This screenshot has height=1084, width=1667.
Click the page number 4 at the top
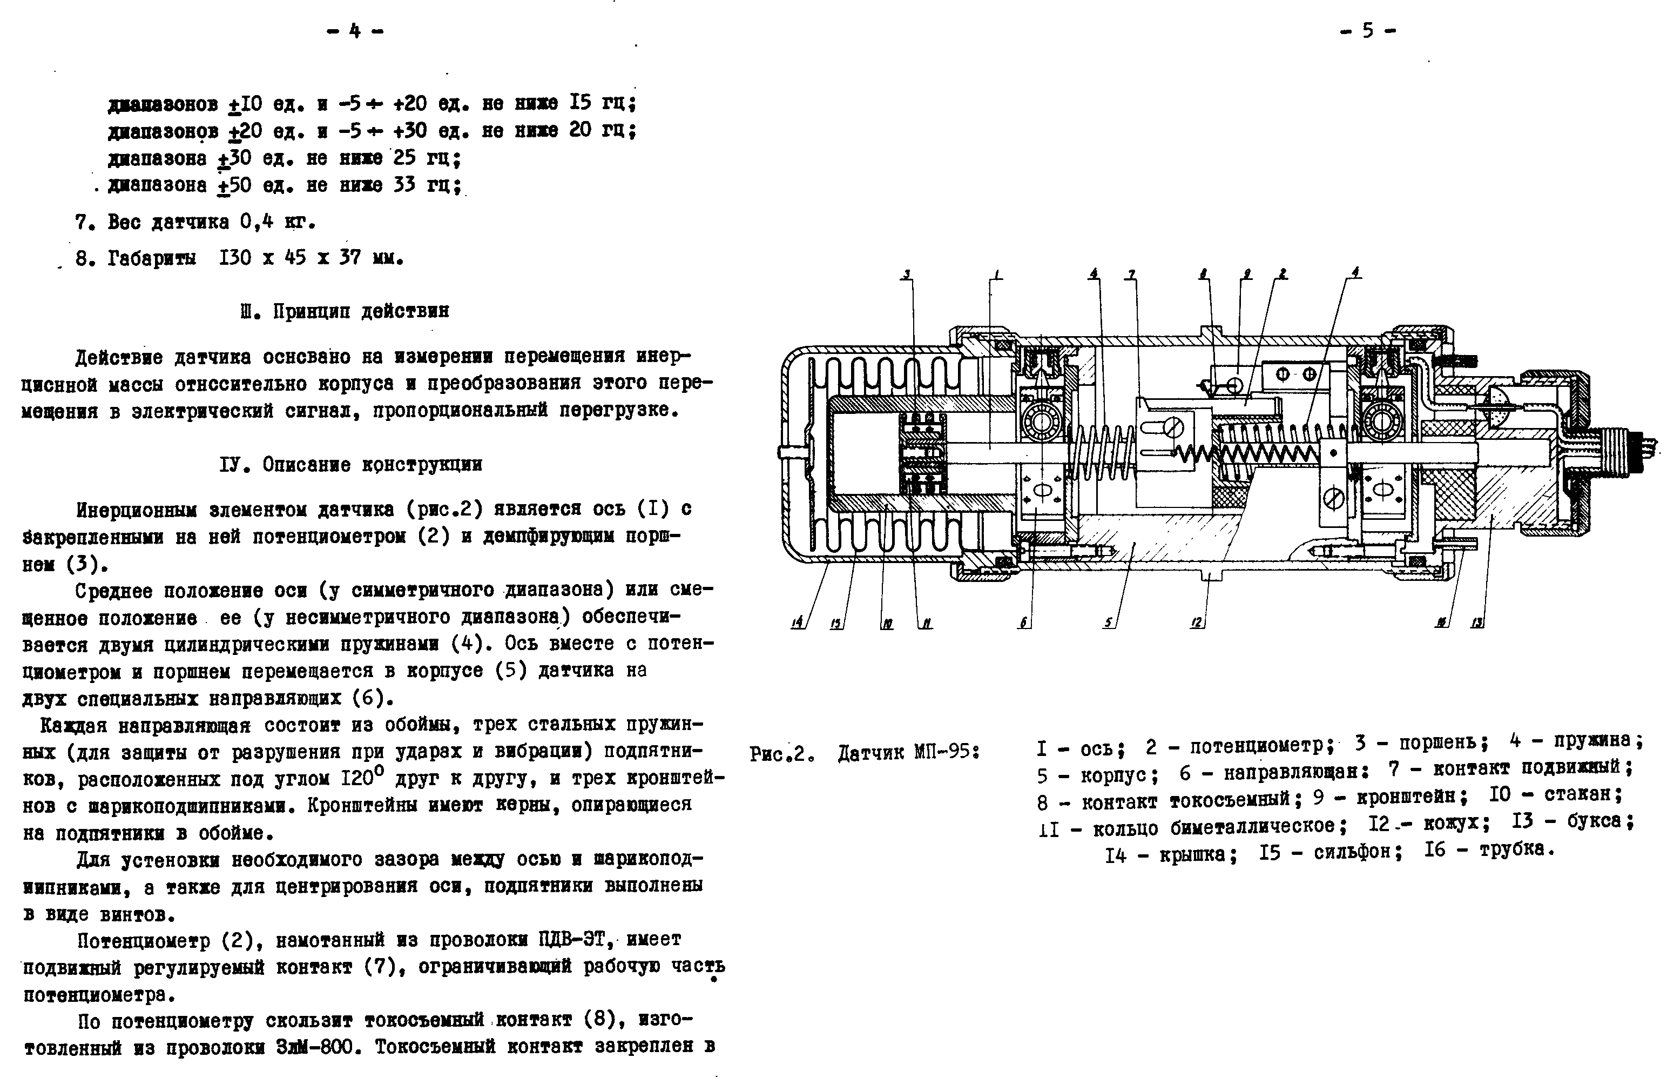click(x=355, y=31)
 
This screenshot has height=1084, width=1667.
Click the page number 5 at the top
click(x=1367, y=31)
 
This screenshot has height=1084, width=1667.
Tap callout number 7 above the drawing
click(x=1131, y=275)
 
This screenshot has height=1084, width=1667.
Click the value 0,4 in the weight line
click(x=255, y=222)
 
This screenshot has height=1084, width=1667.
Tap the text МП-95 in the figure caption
click(x=945, y=753)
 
